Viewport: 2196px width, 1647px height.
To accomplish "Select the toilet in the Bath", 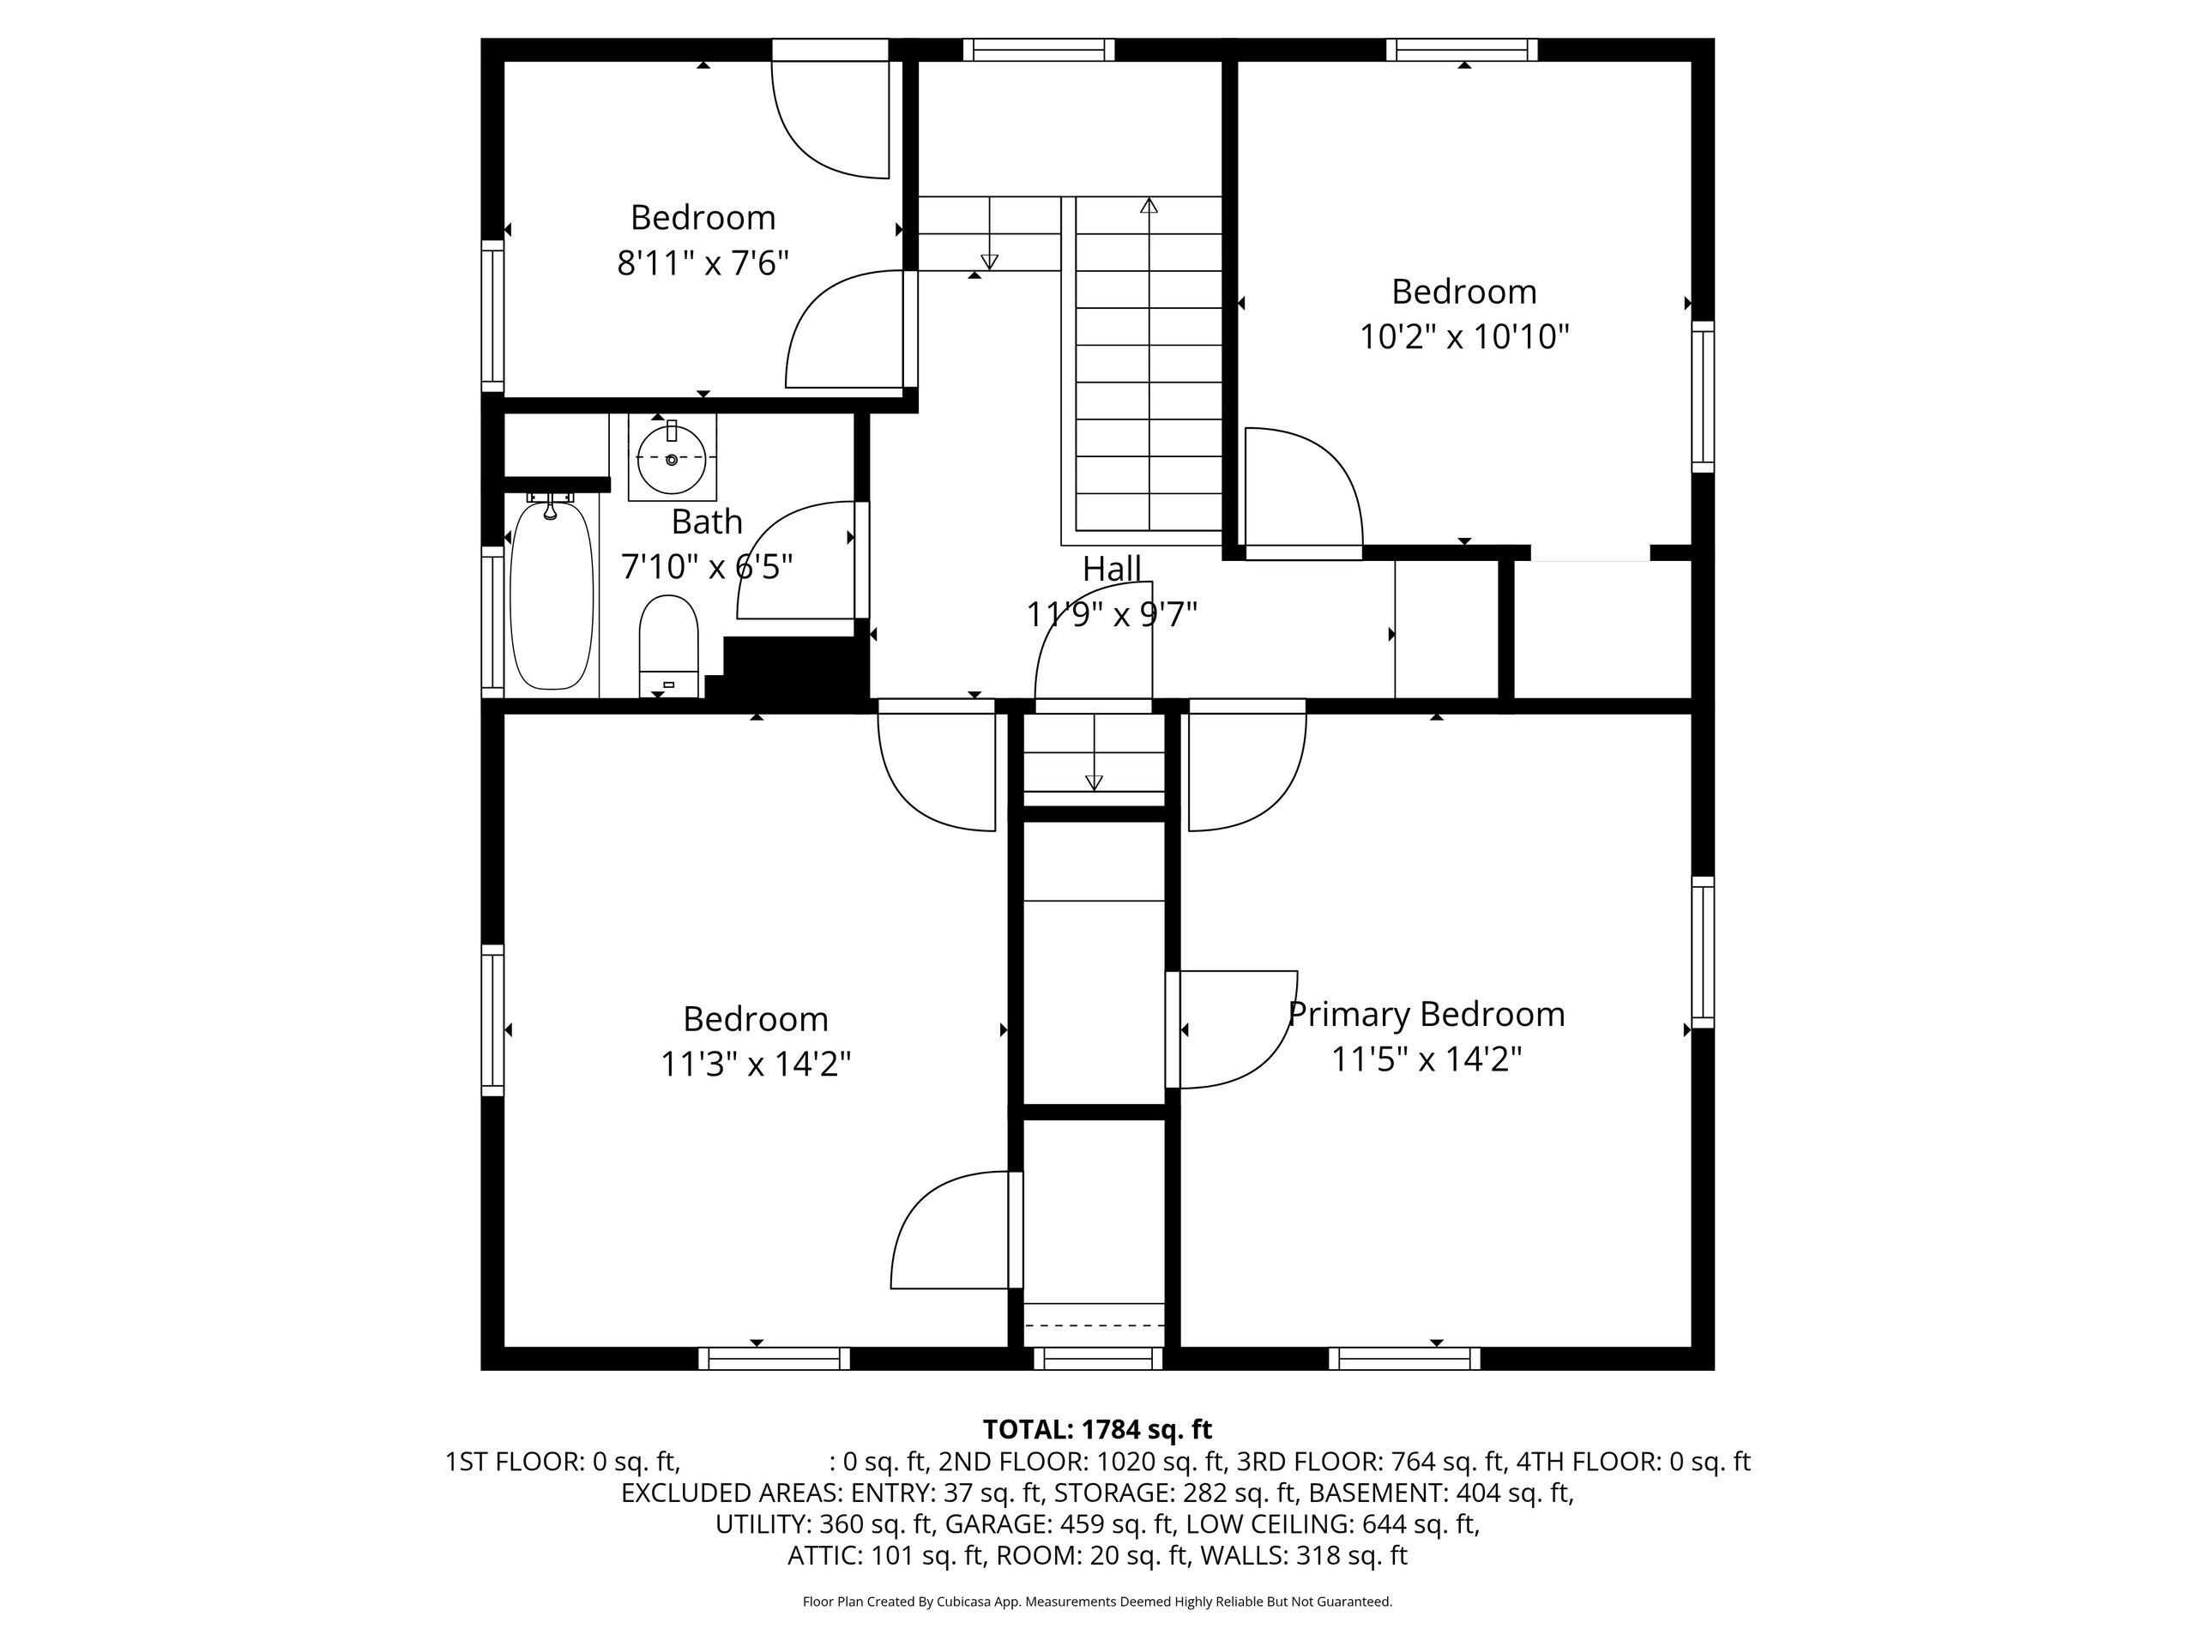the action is (669, 645).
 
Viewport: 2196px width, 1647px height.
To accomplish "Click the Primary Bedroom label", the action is (1427, 1014).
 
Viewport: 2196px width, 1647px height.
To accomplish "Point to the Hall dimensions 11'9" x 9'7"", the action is (1112, 614).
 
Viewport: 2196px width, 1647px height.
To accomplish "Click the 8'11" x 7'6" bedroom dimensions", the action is (703, 263).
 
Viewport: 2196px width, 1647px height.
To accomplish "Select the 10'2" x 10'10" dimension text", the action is (1464, 336).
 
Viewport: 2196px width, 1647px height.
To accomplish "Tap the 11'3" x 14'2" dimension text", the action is (757, 1065).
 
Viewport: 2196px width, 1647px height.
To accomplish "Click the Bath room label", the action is (707, 522).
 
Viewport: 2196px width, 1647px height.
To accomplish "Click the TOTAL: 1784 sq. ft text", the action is (1097, 1430).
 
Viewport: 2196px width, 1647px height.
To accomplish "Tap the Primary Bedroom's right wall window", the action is (1703, 952).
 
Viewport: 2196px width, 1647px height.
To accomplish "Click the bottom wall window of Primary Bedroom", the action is (1405, 1358).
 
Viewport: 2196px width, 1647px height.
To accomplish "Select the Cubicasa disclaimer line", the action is (1097, 1602).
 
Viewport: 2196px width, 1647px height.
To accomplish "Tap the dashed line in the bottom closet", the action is (1094, 1324).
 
